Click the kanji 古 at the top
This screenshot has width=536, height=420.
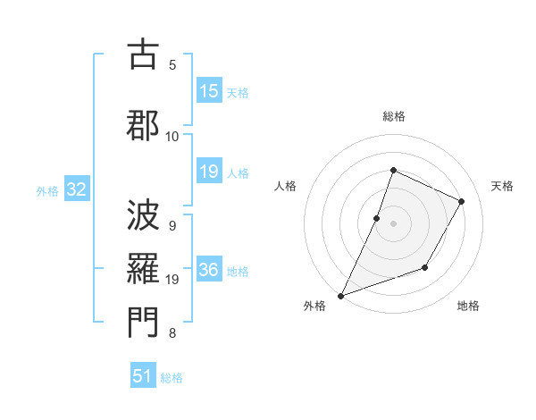[x=144, y=55]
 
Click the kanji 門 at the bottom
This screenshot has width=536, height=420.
[x=144, y=324]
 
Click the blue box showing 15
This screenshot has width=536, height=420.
[x=208, y=91]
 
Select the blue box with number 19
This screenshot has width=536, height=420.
[x=208, y=172]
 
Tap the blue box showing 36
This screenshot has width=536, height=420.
[x=208, y=271]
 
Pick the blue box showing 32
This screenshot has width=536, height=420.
[x=76, y=189]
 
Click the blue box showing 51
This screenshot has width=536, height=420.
[x=143, y=376]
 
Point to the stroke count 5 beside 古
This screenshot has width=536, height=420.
[x=172, y=64]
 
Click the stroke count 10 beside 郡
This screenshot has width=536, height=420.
[x=172, y=136]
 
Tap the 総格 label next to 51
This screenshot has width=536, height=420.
[x=172, y=378]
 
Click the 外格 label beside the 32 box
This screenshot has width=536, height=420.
[x=47, y=191]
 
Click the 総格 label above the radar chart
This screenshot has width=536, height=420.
[x=393, y=116]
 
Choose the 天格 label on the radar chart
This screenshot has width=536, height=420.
[x=503, y=186]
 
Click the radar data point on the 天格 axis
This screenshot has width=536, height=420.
[x=462, y=201]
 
